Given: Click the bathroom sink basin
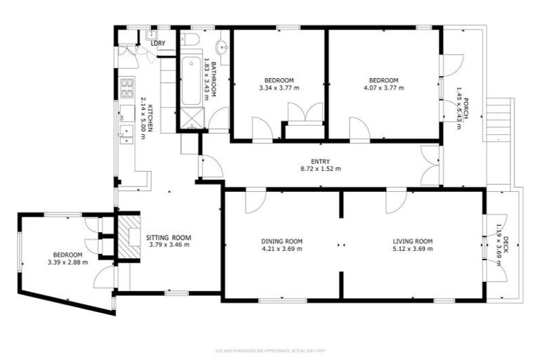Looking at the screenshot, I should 222,48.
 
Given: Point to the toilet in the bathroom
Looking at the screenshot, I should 191,39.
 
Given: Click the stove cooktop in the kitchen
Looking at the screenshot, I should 128,88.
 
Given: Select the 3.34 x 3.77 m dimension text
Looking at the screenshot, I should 279,88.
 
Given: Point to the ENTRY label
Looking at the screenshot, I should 321,161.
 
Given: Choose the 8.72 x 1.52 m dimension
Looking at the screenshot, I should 321,169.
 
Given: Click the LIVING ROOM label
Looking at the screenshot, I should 413,241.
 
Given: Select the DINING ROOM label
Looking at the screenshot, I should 281,241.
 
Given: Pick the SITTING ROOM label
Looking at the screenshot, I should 169,238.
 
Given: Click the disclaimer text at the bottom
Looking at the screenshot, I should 270,349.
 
